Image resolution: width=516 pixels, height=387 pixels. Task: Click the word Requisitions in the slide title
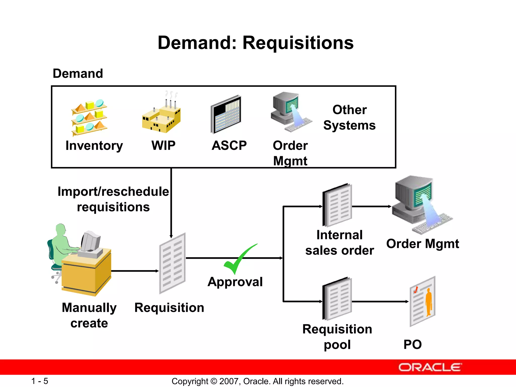click(298, 43)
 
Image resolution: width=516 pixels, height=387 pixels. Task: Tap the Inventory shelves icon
click(89, 117)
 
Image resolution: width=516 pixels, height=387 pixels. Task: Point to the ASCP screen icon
click(226, 115)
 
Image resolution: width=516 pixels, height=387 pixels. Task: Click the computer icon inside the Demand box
click(290, 111)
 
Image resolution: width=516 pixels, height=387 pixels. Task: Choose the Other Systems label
click(349, 117)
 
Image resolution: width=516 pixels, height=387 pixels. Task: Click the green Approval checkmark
click(239, 260)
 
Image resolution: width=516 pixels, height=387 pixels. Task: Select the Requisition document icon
click(173, 263)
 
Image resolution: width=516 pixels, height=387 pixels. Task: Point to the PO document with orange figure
click(423, 301)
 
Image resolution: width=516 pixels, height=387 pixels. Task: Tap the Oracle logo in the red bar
click(430, 367)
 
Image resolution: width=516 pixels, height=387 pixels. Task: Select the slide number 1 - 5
click(40, 381)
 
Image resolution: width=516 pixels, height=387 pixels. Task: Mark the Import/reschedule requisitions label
click(113, 199)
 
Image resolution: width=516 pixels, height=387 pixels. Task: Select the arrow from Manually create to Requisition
click(135, 271)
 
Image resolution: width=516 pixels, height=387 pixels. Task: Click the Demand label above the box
click(78, 74)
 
